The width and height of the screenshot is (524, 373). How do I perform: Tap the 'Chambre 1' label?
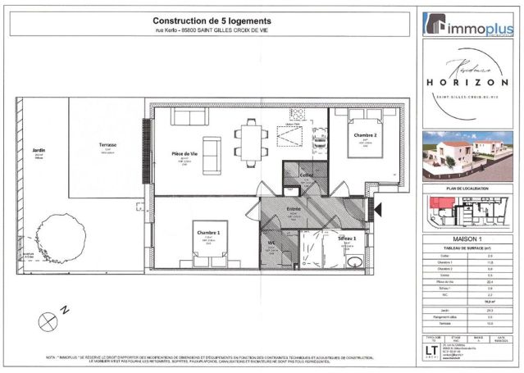click(x=208, y=232)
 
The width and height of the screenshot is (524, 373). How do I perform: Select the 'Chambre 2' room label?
click(x=365, y=134)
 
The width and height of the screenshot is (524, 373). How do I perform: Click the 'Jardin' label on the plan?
click(x=38, y=151)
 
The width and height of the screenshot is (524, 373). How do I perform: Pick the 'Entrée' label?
click(x=293, y=209)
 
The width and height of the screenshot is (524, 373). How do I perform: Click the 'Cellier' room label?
click(x=307, y=175)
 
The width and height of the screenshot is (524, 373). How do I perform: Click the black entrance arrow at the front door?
click(x=377, y=210)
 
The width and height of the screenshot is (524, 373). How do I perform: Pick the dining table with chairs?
click(x=248, y=139)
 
